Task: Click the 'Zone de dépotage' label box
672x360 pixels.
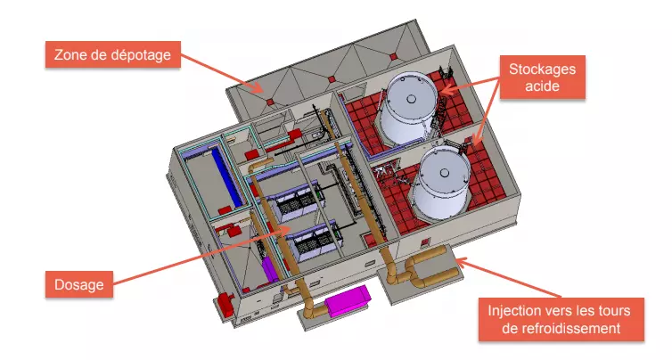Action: click(x=113, y=56)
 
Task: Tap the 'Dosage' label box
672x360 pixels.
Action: click(x=79, y=284)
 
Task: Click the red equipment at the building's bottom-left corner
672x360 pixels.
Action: click(x=223, y=304)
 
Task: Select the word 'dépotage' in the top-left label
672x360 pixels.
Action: click(x=139, y=56)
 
